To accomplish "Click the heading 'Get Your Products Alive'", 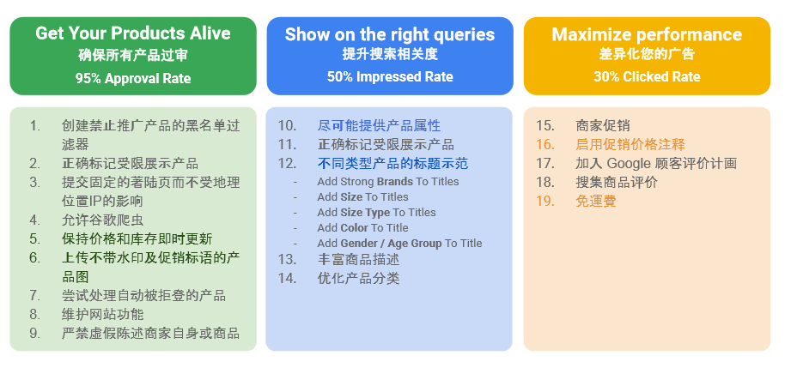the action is tap(132, 33).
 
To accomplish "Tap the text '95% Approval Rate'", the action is tap(133, 79).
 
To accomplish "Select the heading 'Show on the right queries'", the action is tap(390, 34).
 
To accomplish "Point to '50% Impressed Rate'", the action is tap(390, 76).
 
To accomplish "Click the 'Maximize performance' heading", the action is tap(647, 34).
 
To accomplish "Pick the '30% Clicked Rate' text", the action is tap(647, 76).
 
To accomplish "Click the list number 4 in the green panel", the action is tap(35, 220).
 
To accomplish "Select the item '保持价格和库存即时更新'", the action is tap(137, 238).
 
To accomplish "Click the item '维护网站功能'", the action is tap(103, 315).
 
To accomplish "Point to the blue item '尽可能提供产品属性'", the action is tap(380, 125).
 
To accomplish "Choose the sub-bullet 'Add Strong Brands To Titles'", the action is tap(388, 181).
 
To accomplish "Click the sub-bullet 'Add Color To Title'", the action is tap(362, 228).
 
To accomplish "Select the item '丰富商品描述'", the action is tap(359, 260).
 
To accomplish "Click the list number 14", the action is tap(287, 278).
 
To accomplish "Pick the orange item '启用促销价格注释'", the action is tap(630, 144).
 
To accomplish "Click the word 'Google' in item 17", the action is tap(628, 163).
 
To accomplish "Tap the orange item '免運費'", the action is tap(596, 201).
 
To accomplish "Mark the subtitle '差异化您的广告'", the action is tap(647, 54).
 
